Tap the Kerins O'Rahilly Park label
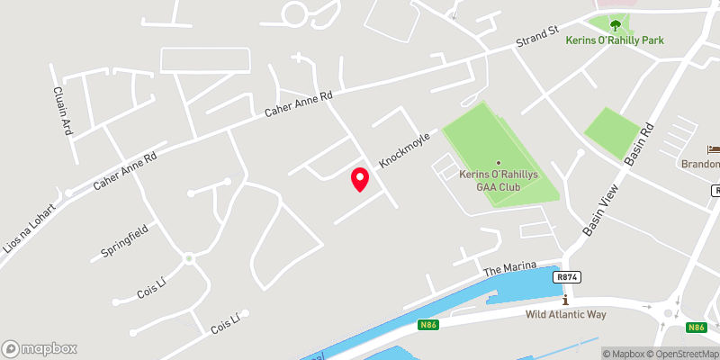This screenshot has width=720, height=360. tap(614, 40)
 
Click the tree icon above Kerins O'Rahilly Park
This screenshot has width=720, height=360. tap(615, 25)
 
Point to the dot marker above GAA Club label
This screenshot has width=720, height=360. tap(499, 162)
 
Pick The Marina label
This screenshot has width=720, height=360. tap(509, 269)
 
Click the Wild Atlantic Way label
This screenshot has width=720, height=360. tap(566, 314)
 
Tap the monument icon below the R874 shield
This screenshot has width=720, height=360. tap(564, 298)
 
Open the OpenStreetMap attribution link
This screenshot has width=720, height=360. tap(678, 354)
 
